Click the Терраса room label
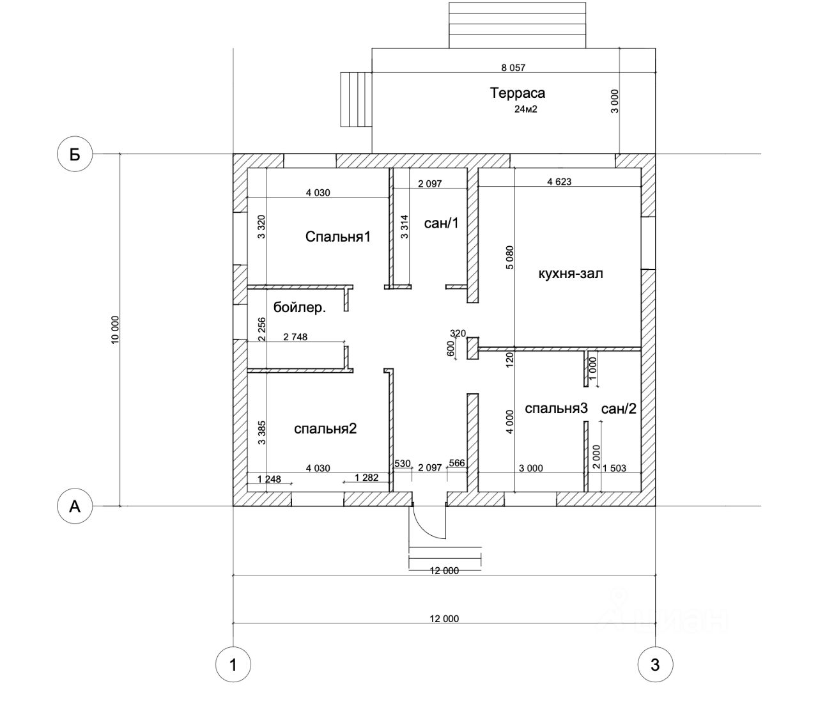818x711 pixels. (518, 93)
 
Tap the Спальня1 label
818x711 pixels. (338, 237)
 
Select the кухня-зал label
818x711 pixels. (571, 274)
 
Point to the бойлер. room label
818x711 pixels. (300, 308)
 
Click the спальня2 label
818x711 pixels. (325, 428)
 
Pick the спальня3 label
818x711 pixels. (556, 409)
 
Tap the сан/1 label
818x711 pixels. (441, 223)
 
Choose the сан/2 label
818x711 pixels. (619, 409)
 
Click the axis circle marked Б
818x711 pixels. (75, 154)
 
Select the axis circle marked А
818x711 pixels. (75, 506)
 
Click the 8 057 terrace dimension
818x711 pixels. (513, 68)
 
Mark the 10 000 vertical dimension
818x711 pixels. (115, 331)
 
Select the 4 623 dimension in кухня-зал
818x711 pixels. (559, 182)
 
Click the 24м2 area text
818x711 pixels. (526, 109)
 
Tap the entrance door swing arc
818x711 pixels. (426, 527)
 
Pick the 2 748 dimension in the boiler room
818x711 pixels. (295, 337)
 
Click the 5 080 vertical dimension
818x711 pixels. (509, 258)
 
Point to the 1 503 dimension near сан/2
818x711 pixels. (615, 468)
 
